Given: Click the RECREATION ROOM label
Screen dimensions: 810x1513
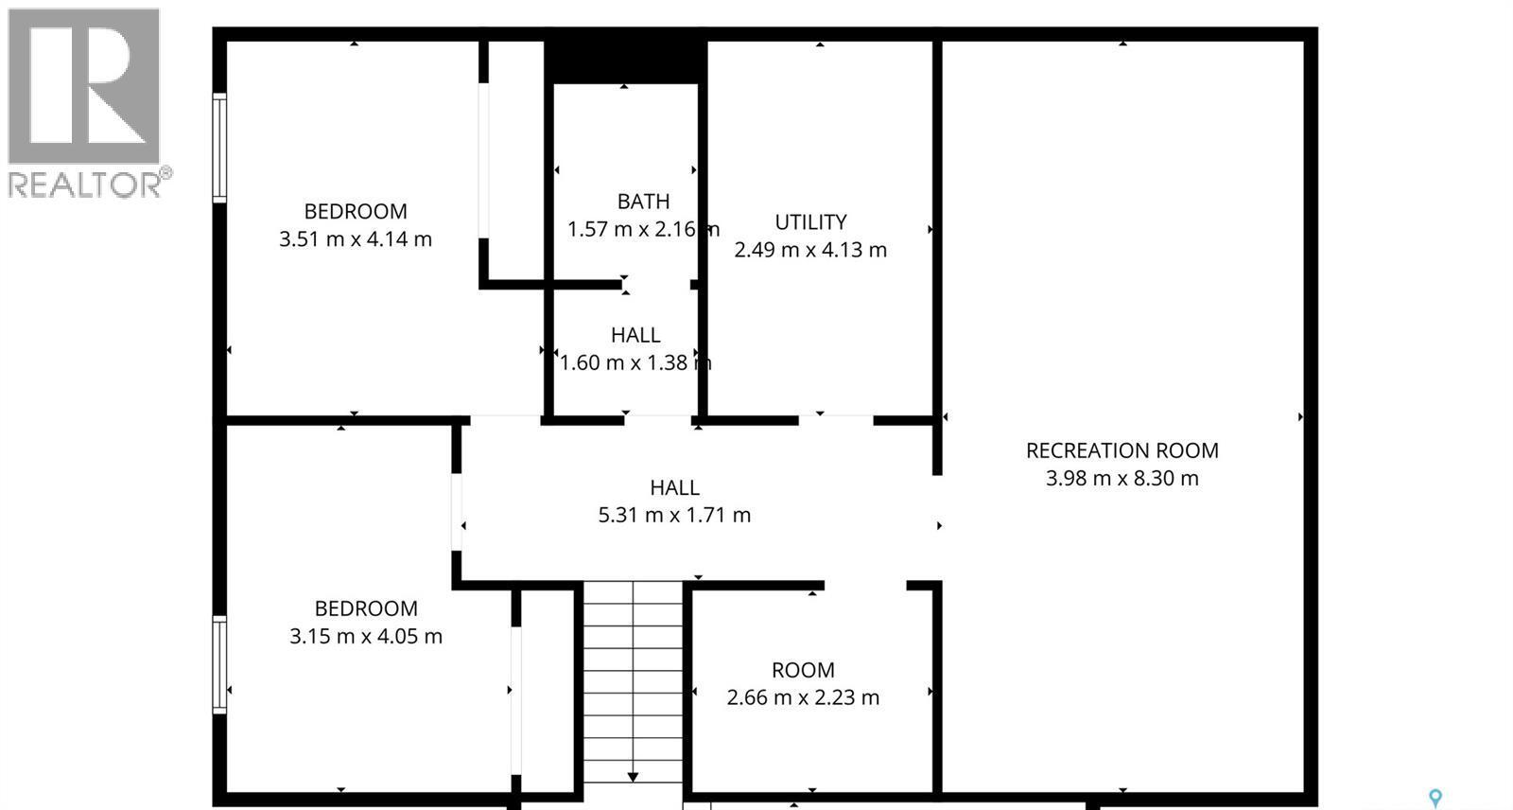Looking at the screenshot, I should pyautogui.click(x=1122, y=450).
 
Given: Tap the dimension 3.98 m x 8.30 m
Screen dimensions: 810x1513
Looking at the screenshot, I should pyautogui.click(x=1122, y=479).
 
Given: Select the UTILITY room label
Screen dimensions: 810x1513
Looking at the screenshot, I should pyautogui.click(x=810, y=222).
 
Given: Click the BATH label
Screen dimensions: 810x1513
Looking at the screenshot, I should pyautogui.click(x=643, y=202).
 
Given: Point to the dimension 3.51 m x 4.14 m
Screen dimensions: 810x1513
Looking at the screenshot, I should pyautogui.click(x=355, y=239).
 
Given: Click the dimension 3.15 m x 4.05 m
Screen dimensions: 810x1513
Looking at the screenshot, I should pyautogui.click(x=365, y=637).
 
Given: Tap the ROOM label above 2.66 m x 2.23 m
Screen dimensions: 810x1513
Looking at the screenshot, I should pyautogui.click(x=803, y=670).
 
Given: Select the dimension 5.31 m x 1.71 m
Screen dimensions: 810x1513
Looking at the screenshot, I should pyautogui.click(x=674, y=516).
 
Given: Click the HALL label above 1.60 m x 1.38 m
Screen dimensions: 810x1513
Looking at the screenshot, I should pyautogui.click(x=635, y=335).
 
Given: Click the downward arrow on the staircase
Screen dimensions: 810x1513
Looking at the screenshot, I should pyautogui.click(x=633, y=776).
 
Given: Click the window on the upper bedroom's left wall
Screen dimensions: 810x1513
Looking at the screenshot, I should pyautogui.click(x=219, y=148).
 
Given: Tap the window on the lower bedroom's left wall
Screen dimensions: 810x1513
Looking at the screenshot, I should pyautogui.click(x=219, y=664).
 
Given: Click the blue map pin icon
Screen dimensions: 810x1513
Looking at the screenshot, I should pyautogui.click(x=1435, y=799).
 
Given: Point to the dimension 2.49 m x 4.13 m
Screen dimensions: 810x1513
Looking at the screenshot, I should pyautogui.click(x=810, y=251).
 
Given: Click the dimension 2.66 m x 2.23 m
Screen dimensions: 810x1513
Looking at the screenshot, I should pyautogui.click(x=803, y=698).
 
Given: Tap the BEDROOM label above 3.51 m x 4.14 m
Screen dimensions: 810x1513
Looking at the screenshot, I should pyautogui.click(x=355, y=212).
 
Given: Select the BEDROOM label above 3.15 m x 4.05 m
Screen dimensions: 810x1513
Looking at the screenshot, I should pyautogui.click(x=365, y=608).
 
